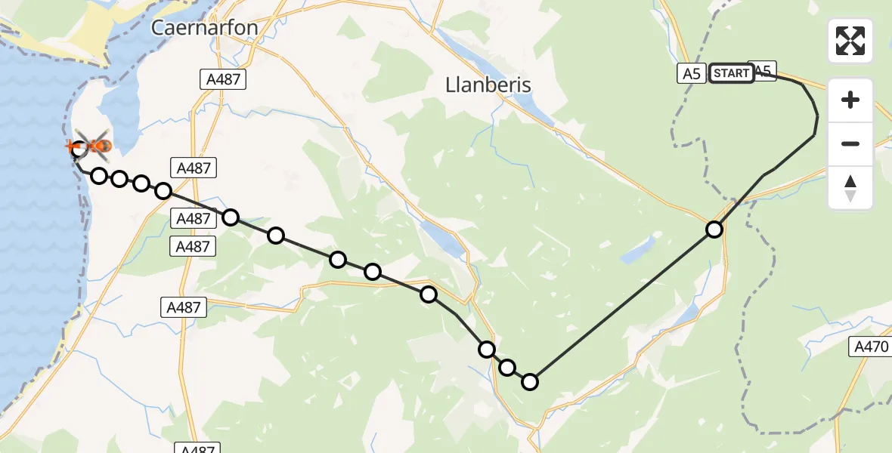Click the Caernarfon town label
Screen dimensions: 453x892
[204, 28]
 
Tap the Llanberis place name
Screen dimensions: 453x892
[488, 85]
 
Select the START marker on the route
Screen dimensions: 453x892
[732, 73]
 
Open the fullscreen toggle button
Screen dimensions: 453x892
[850, 41]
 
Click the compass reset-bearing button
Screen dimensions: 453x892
[850, 188]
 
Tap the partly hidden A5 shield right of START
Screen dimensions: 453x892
[764, 70]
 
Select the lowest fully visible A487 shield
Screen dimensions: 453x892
[183, 307]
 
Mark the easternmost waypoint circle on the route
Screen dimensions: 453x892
[714, 229]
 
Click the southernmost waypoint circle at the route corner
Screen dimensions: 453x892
[530, 382]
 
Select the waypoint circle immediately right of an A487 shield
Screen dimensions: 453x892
[231, 217]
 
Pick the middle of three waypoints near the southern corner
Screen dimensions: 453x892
[507, 368]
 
